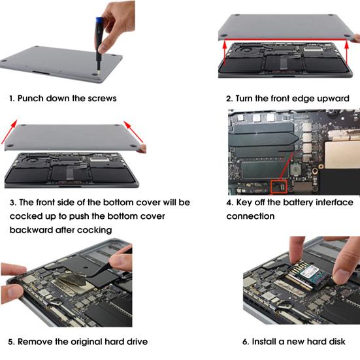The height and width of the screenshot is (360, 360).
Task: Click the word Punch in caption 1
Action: coord(32,99)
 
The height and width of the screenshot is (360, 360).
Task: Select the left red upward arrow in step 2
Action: coord(225,51)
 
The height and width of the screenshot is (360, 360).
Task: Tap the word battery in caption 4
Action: coord(300,203)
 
